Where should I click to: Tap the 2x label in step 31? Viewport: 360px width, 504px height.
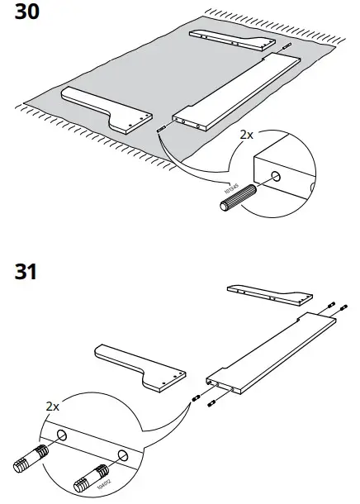pyautogui.click(x=50, y=407)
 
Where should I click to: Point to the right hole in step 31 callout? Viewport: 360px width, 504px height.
pyautogui.click(x=123, y=455)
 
